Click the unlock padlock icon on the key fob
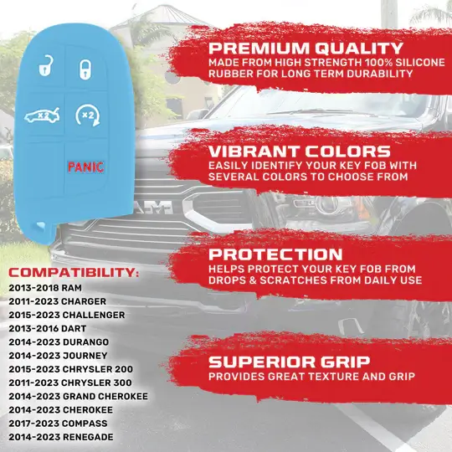click(x=46, y=65)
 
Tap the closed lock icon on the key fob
click(x=85, y=69)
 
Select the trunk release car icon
click(x=43, y=116)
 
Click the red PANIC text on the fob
click(x=85, y=167)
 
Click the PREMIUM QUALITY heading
click(x=306, y=49)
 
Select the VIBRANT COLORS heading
click(x=300, y=152)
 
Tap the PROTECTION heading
click(x=275, y=254)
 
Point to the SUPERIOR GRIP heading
click(x=289, y=362)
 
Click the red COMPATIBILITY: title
click(x=74, y=272)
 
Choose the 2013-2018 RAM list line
click(x=45, y=288)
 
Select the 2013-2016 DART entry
click(x=47, y=328)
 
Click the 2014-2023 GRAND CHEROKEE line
click(x=78, y=396)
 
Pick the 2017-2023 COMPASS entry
click(x=58, y=424)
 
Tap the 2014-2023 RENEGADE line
click(x=61, y=437)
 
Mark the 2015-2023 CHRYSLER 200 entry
click(x=70, y=369)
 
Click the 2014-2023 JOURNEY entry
click(x=58, y=356)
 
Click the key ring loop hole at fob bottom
click(x=39, y=226)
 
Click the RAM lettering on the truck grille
click(x=156, y=207)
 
